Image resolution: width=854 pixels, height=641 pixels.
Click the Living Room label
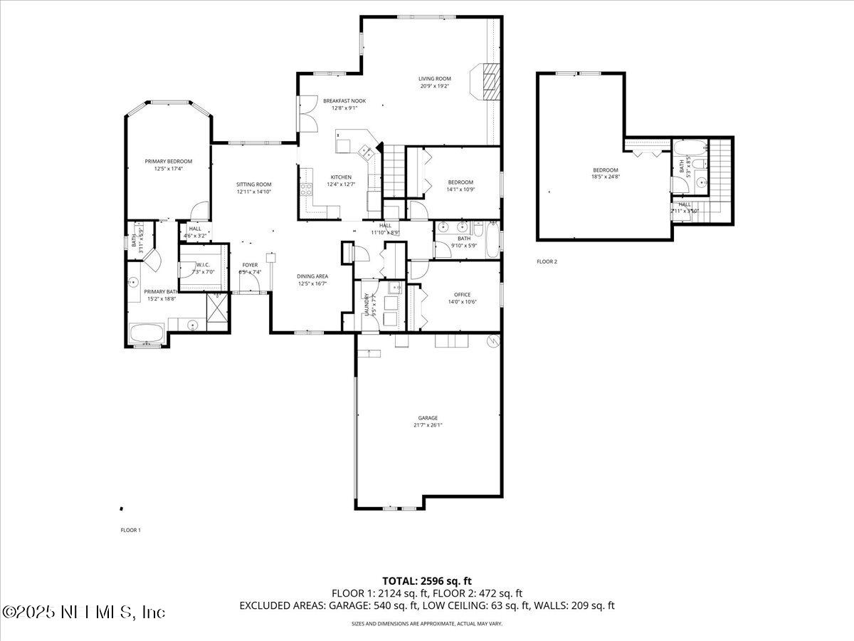(x=433, y=79)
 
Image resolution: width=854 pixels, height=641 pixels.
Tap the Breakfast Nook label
(x=344, y=101)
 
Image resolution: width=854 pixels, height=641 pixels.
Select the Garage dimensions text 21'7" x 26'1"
(x=428, y=425)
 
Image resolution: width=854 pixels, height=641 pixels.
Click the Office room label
(x=462, y=294)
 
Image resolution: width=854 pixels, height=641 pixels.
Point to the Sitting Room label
(x=254, y=184)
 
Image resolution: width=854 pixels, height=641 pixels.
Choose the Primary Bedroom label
(x=169, y=162)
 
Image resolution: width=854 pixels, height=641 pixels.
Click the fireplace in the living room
(x=490, y=84)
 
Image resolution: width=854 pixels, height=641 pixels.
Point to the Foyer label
(x=250, y=265)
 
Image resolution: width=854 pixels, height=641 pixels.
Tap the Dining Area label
(x=312, y=276)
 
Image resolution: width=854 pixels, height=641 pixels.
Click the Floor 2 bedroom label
(x=606, y=170)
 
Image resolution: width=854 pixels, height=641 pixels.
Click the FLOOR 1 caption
(x=131, y=530)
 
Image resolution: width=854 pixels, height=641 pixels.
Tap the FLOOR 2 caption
(x=547, y=261)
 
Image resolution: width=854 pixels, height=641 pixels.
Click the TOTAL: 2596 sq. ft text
(x=427, y=580)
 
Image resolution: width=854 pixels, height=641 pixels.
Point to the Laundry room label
(x=367, y=304)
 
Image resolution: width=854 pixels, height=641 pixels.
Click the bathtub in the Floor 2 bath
(x=690, y=151)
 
